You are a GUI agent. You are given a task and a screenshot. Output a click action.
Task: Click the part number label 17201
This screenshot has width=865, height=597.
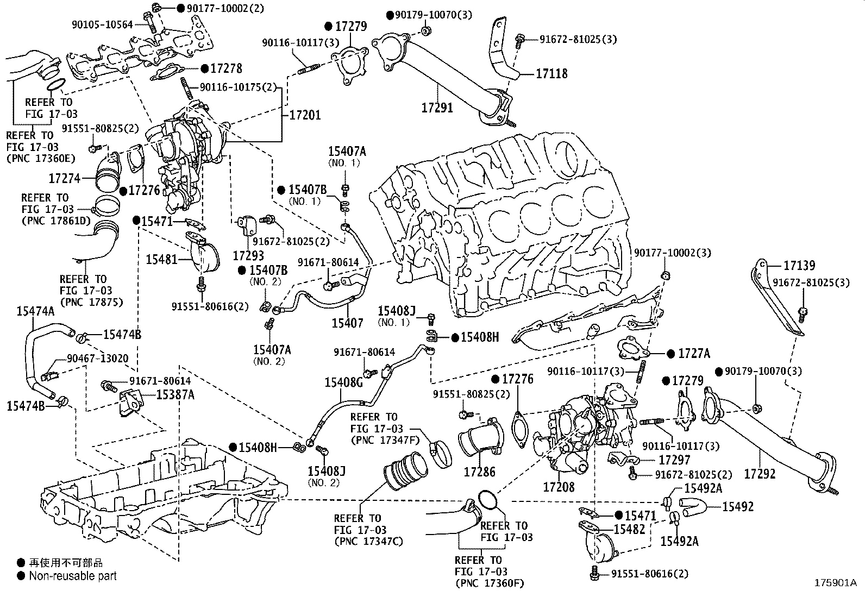(304, 115)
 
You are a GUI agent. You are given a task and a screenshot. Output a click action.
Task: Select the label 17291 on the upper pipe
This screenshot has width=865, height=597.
(437, 108)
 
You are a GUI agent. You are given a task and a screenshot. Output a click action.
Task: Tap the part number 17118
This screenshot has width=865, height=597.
(551, 73)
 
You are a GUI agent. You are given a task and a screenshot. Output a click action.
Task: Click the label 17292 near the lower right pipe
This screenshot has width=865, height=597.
(760, 474)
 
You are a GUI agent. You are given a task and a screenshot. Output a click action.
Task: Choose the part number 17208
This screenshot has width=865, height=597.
(559, 487)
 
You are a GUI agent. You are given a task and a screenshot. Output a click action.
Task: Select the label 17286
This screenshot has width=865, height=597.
(479, 472)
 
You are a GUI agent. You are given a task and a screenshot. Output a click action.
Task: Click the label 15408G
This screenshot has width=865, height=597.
(343, 382)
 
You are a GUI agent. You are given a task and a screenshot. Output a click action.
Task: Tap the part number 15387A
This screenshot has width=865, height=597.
(175, 395)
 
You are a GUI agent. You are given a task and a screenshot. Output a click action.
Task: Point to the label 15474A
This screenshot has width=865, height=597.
(35, 311)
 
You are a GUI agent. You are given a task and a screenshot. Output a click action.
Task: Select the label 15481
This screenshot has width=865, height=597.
(161, 259)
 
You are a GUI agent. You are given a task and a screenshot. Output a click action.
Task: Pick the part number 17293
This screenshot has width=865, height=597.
(248, 255)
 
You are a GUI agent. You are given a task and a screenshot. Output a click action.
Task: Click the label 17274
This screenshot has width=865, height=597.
(64, 178)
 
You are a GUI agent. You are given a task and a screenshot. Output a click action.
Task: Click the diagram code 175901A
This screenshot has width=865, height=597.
(835, 583)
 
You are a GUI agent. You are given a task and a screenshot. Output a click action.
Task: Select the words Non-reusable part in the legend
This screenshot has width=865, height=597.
(73, 576)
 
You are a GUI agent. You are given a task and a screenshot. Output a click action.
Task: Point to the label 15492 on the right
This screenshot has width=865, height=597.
(738, 506)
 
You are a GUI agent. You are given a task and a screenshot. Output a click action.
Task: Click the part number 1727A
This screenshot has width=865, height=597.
(694, 354)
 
